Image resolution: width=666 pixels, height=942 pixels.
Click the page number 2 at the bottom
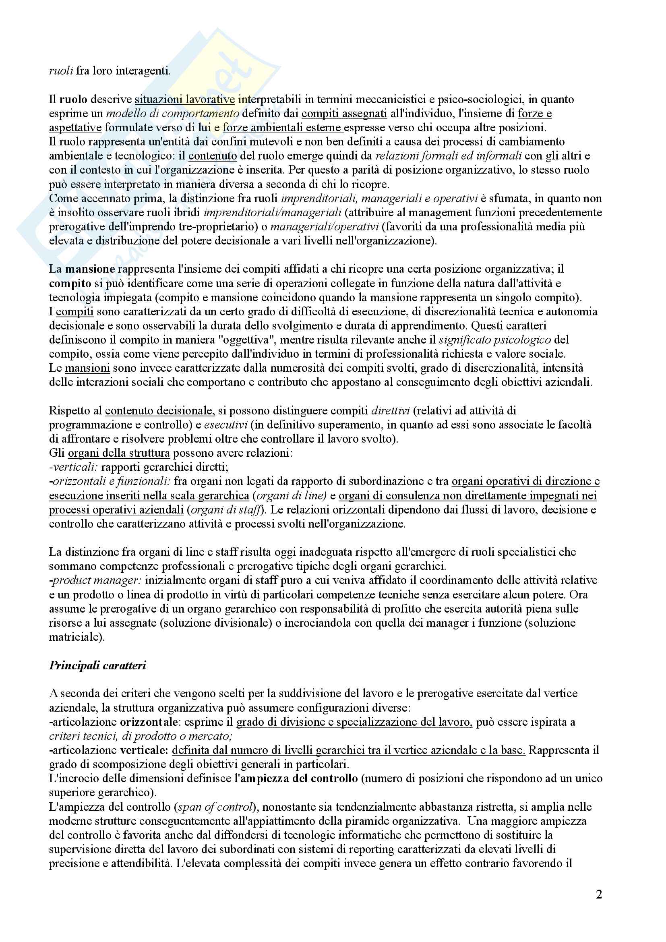599,894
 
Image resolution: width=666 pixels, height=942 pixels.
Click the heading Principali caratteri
97,665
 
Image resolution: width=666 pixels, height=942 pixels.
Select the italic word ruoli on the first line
61,71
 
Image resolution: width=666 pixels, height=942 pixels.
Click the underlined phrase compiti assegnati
344,113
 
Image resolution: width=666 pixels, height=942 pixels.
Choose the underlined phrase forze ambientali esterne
283,128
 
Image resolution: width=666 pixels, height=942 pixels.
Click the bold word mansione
90,269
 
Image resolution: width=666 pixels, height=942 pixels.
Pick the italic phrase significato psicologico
495,340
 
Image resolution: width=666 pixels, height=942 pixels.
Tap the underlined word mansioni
87,368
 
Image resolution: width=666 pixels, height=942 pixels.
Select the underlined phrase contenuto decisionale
160,411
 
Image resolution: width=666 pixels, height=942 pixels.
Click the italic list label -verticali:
73,467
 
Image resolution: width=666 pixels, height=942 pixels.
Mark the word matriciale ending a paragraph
75,637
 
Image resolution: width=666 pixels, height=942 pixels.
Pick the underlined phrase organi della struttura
119,453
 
